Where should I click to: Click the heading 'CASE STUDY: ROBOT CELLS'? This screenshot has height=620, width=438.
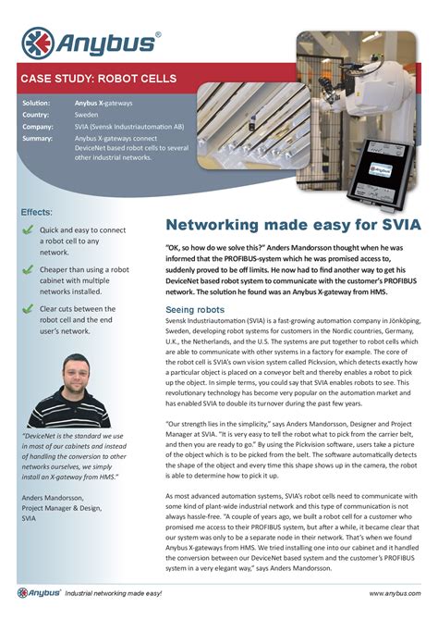click(x=98, y=79)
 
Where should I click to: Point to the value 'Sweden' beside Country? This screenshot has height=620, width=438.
click(x=88, y=115)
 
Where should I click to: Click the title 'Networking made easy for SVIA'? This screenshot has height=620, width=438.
click(x=292, y=225)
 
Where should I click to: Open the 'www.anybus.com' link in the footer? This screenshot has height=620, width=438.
click(x=395, y=592)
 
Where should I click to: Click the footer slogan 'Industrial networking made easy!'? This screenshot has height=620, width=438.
click(x=113, y=592)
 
